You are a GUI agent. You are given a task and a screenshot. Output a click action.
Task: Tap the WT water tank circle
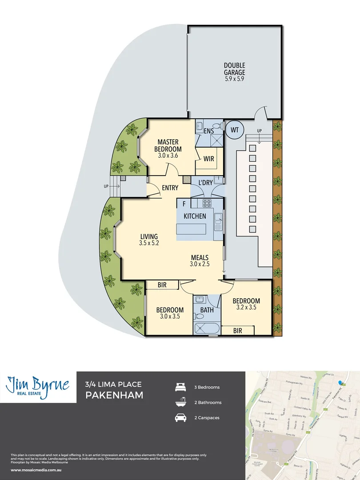point(234,130)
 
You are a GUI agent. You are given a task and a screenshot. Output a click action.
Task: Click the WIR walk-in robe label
point(208,159)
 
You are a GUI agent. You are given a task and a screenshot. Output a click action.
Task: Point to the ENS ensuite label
point(208,131)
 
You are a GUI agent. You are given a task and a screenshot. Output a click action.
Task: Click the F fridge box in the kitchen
point(184,204)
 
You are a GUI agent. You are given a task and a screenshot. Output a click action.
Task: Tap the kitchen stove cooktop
point(207,204)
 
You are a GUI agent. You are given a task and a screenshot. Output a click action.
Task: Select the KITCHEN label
point(195,216)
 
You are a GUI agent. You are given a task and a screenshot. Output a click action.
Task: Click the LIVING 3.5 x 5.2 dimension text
point(149,244)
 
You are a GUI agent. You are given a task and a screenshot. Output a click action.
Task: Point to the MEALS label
point(200,257)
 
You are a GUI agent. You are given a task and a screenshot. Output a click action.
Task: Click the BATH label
point(207,309)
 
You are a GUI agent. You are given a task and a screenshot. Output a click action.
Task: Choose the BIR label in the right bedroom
point(237,331)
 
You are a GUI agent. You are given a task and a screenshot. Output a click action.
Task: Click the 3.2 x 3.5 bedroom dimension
point(246,307)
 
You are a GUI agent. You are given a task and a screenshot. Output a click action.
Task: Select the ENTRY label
point(170,188)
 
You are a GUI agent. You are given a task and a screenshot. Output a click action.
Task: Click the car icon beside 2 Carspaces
point(181,418)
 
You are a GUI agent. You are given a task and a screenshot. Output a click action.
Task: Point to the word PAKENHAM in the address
point(114,395)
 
